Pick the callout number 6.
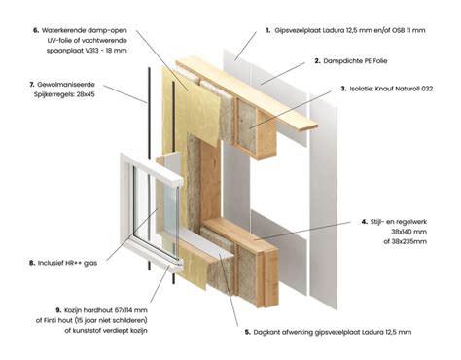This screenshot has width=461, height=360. [x=35, y=30]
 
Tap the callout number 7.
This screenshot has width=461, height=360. [x=34, y=85]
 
